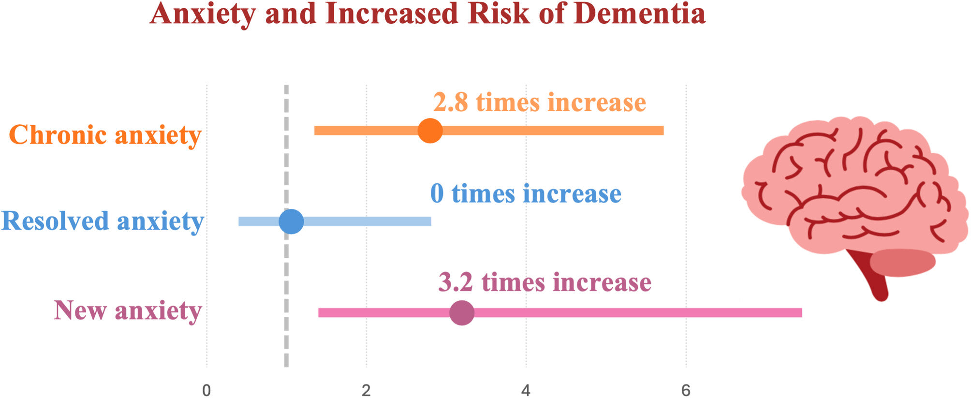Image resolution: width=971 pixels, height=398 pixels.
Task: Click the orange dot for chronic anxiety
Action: tap(430, 131)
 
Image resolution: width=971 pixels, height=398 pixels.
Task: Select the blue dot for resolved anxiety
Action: tap(291, 221)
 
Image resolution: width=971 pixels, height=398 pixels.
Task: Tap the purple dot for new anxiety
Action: tap(462, 312)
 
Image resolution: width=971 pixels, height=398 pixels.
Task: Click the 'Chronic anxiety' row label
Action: tap(105, 135)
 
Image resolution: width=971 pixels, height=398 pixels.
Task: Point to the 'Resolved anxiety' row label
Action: tap(103, 221)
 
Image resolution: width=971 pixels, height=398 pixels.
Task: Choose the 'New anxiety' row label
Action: tap(128, 310)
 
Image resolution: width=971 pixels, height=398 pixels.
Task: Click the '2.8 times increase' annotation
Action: tap(539, 103)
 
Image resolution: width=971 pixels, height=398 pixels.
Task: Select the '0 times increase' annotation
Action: tap(526, 193)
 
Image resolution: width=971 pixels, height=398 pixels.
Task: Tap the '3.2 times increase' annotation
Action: tap(544, 282)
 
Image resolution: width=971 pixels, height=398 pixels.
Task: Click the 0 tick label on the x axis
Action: tap(206, 390)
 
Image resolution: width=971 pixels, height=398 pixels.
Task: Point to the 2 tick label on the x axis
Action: tap(366, 390)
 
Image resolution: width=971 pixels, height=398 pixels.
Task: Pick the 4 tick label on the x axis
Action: tap(526, 390)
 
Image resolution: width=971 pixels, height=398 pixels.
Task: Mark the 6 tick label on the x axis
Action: tap(686, 390)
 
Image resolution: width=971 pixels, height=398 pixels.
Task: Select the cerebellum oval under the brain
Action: tap(902, 263)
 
